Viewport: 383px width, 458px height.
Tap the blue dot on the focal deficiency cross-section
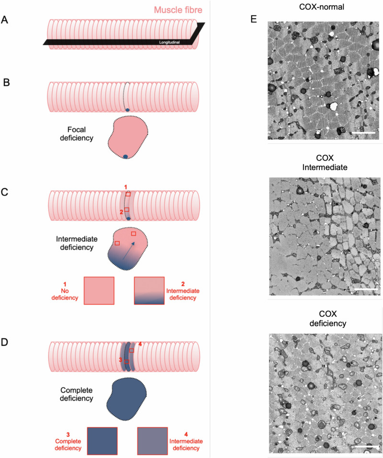point(125,157)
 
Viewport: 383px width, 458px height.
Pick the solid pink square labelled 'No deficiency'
point(99,290)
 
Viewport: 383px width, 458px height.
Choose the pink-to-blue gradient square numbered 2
point(149,290)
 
